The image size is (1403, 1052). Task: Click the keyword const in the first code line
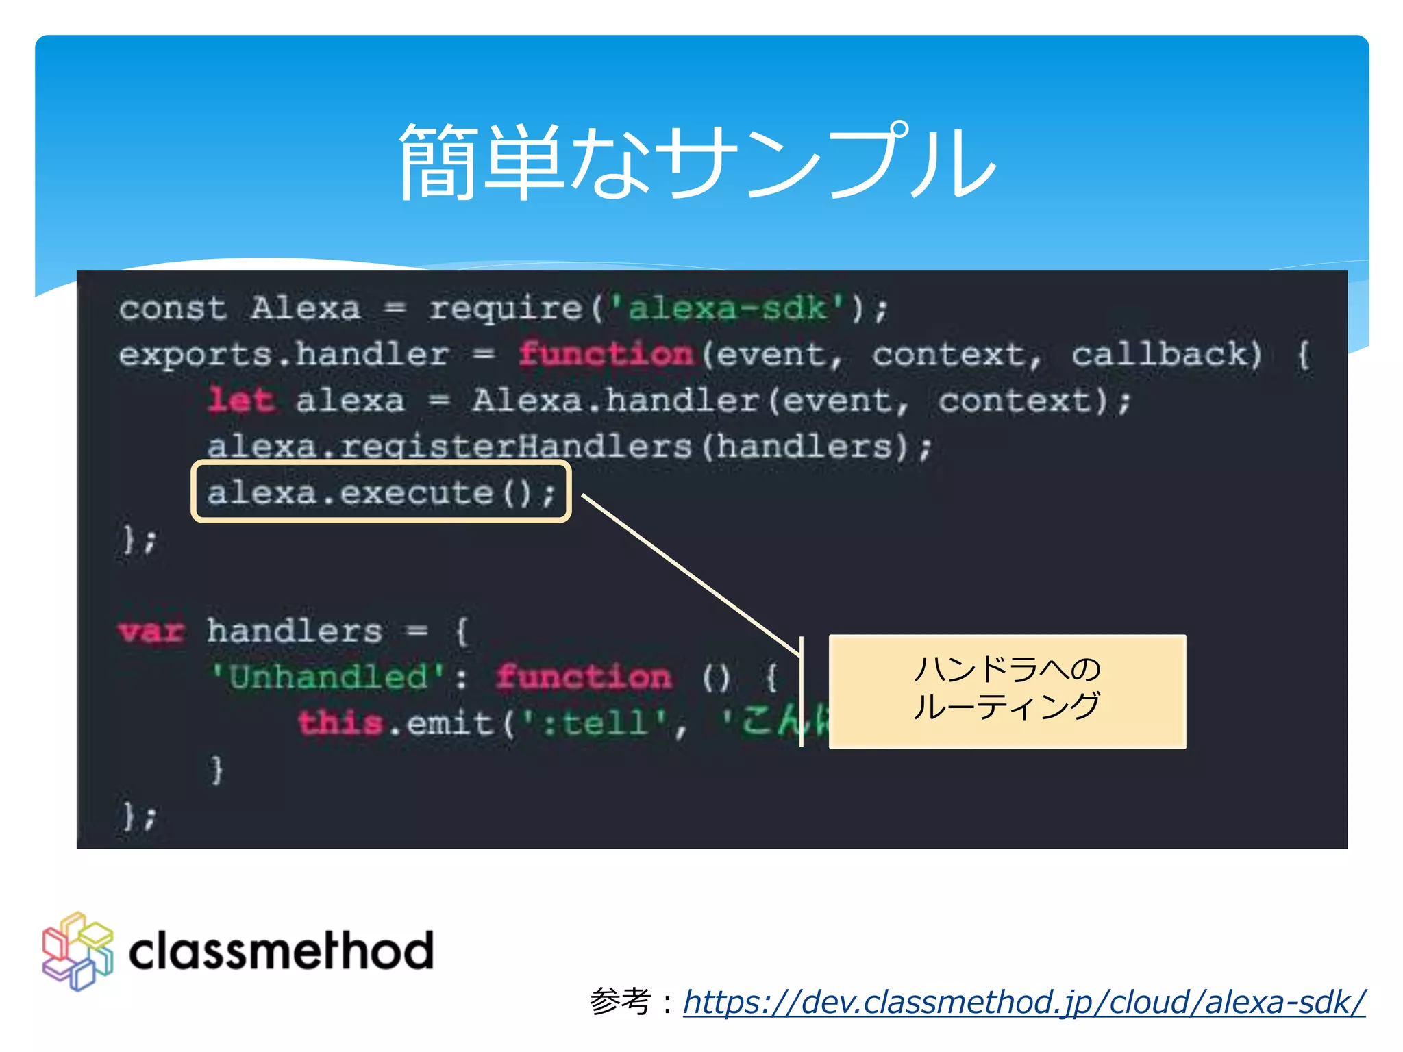coord(172,308)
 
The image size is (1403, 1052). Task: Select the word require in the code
coord(506,308)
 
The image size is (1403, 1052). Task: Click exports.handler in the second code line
coord(284,355)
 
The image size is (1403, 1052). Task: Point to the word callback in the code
coord(1165,355)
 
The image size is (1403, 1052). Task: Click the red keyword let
coord(242,400)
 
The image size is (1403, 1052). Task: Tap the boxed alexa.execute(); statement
coord(381,492)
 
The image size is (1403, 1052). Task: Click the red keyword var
coord(151,631)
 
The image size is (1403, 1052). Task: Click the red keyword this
coord(340,723)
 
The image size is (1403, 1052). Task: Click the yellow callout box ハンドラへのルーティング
coord(1006,690)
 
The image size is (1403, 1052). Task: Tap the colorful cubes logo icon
coord(77,951)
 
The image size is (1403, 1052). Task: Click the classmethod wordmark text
coord(281,951)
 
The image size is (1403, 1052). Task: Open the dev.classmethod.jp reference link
coord(1023,1002)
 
